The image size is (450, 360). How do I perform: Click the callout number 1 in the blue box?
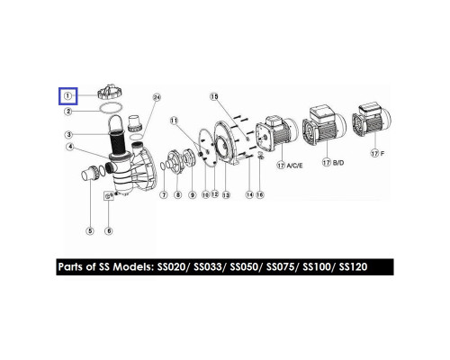click(x=68, y=96)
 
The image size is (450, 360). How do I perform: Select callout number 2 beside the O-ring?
click(x=68, y=112)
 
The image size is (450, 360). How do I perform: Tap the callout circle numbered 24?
click(x=157, y=97)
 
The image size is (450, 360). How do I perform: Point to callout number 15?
click(x=214, y=96)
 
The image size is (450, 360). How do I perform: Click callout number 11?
click(x=174, y=121)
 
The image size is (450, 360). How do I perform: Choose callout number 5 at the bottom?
click(x=90, y=231)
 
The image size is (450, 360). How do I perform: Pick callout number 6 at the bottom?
click(x=109, y=231)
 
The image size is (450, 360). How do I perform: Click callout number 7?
click(x=164, y=195)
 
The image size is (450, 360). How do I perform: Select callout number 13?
click(x=226, y=195)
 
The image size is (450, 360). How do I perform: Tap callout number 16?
click(x=260, y=194)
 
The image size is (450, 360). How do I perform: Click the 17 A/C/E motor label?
click(x=290, y=166)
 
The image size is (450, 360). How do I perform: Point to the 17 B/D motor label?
click(x=333, y=163)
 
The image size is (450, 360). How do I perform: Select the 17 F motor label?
click(x=378, y=154)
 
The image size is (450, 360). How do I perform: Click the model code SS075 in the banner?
click(x=280, y=266)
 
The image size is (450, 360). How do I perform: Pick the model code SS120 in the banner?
click(x=353, y=266)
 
